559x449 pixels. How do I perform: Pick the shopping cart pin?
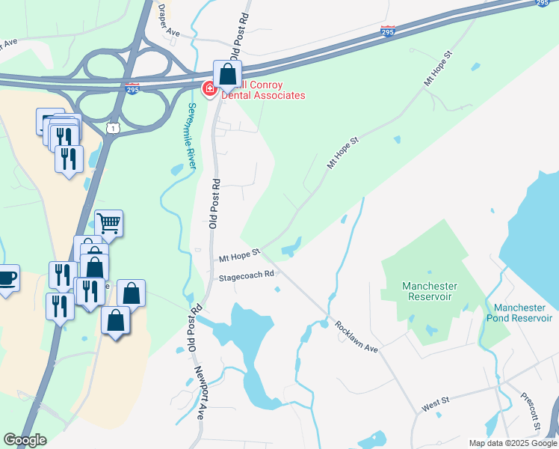[x=109, y=223]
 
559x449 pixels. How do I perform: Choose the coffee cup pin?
[x=7, y=278]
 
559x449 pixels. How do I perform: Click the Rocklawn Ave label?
[x=357, y=337]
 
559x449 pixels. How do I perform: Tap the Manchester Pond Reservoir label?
[x=523, y=313]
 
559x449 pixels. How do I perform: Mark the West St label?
[x=435, y=406]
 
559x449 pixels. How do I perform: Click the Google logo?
[x=25, y=440]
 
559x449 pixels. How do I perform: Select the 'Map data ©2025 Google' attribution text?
[x=512, y=443]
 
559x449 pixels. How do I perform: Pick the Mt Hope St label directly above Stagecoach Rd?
[x=238, y=257]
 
